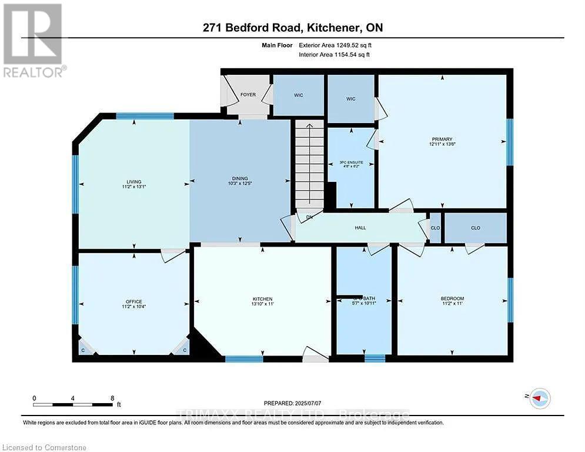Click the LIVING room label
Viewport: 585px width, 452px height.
(x=133, y=182)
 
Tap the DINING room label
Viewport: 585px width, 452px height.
(x=240, y=178)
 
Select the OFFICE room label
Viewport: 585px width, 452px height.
(x=133, y=302)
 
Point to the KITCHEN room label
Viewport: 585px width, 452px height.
(x=263, y=299)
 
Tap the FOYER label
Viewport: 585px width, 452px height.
(x=248, y=94)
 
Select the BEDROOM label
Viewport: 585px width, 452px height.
(x=452, y=298)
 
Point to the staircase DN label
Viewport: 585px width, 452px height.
(x=309, y=217)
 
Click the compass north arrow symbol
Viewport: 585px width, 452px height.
(x=540, y=398)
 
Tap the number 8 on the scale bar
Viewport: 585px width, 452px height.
(x=112, y=398)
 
